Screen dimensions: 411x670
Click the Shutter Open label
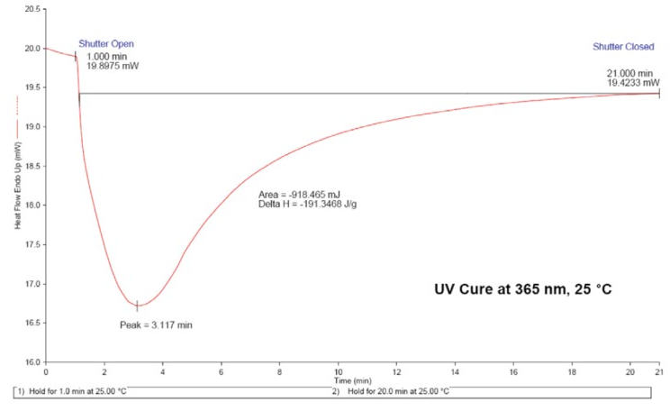pos(105,43)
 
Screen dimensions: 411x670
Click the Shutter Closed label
pos(623,46)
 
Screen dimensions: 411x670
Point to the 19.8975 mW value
pos(113,67)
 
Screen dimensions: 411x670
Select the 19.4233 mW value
pos(634,82)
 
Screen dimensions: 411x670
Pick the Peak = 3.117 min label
pos(155,324)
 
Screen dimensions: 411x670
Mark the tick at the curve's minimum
pos(137,306)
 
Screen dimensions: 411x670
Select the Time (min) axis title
pos(352,380)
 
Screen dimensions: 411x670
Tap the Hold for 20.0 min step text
pos(392,391)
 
